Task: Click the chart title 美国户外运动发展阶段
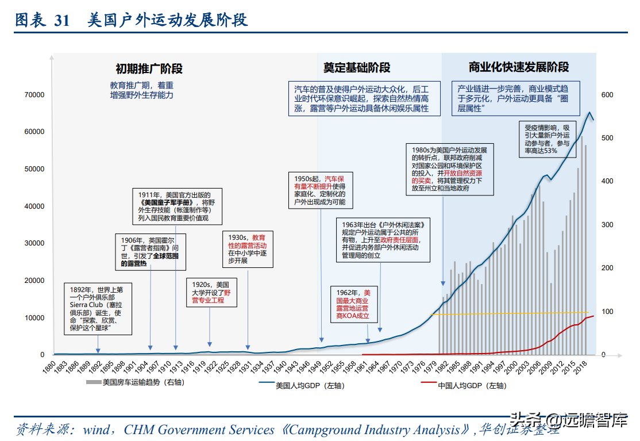167,21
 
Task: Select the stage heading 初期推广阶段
149,68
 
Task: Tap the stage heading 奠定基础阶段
356,67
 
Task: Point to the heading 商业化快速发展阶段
519,67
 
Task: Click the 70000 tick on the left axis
34,95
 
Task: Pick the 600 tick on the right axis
607,95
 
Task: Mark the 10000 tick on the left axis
34,318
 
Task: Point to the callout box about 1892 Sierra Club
97,309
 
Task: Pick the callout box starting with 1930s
248,249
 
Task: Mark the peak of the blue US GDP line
589,113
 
